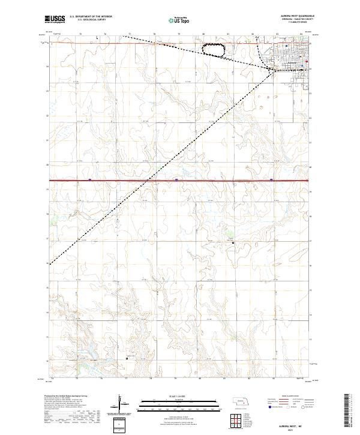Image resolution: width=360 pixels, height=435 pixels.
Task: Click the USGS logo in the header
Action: (55, 19)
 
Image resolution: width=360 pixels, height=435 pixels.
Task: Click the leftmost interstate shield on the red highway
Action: (89, 179)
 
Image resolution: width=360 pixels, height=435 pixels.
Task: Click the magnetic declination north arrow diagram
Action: (122, 403)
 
